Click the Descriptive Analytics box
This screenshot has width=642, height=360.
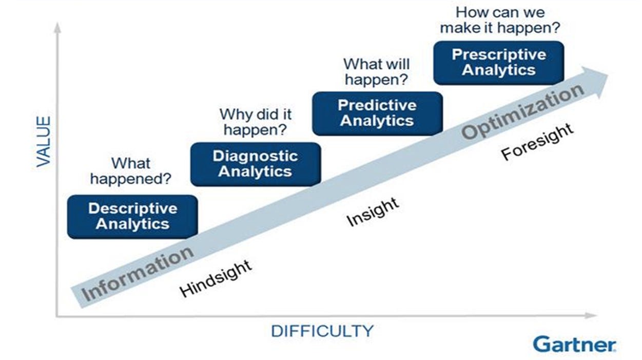tap(132, 217)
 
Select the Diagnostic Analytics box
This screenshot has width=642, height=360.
tap(256, 164)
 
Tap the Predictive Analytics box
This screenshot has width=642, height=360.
tap(378, 113)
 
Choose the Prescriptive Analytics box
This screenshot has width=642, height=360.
tap(499, 63)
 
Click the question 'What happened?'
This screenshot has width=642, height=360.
tap(131, 171)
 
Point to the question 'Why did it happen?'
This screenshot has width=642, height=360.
tap(256, 122)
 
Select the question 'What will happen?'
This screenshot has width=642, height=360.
tap(377, 71)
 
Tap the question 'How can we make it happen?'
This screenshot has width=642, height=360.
tap(500, 20)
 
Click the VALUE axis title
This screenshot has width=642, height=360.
tap(43, 141)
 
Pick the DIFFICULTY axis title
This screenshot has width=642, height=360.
tap(322, 331)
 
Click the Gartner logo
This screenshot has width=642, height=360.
tap(574, 344)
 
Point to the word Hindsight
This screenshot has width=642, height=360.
tap(216, 278)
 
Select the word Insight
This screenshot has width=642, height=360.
tap(373, 212)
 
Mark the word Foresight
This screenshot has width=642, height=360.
tap(537, 141)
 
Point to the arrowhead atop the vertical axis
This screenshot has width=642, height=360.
tap(57, 28)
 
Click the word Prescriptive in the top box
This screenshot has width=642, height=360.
tap(499, 54)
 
